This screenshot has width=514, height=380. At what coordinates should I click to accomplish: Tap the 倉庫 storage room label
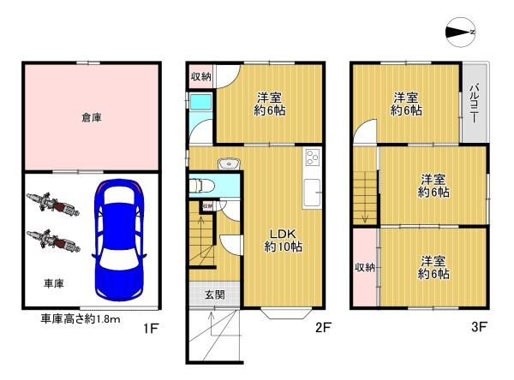click(x=92, y=117)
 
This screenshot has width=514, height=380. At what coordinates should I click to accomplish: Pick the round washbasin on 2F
click(x=228, y=164)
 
